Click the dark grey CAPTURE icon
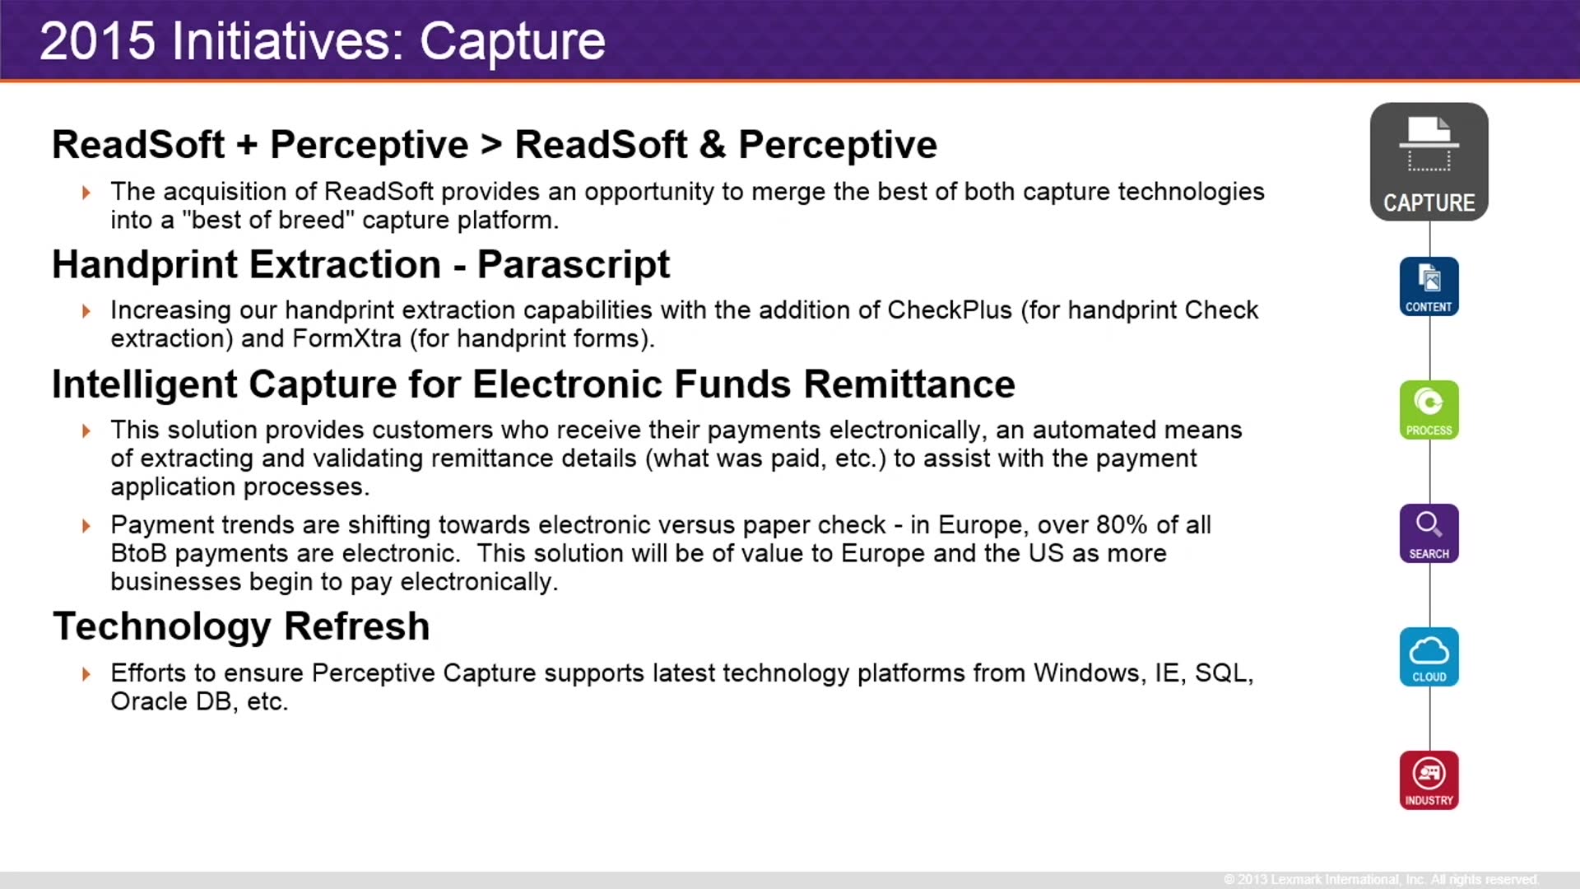[x=1429, y=161]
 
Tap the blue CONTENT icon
[x=1429, y=286]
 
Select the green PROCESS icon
[x=1429, y=410]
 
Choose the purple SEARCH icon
[x=1429, y=533]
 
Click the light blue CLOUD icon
[x=1429, y=657]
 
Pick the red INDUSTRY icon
[x=1429, y=780]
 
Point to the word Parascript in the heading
[x=573, y=265]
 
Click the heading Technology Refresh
[x=241, y=626]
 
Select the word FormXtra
[x=346, y=339]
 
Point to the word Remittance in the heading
[x=909, y=384]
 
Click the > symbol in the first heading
[x=491, y=145]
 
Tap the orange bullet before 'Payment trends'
[x=86, y=526]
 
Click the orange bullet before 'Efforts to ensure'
[x=86, y=674]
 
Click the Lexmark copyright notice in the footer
[x=1380, y=879]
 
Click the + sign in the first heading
[x=247, y=146]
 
